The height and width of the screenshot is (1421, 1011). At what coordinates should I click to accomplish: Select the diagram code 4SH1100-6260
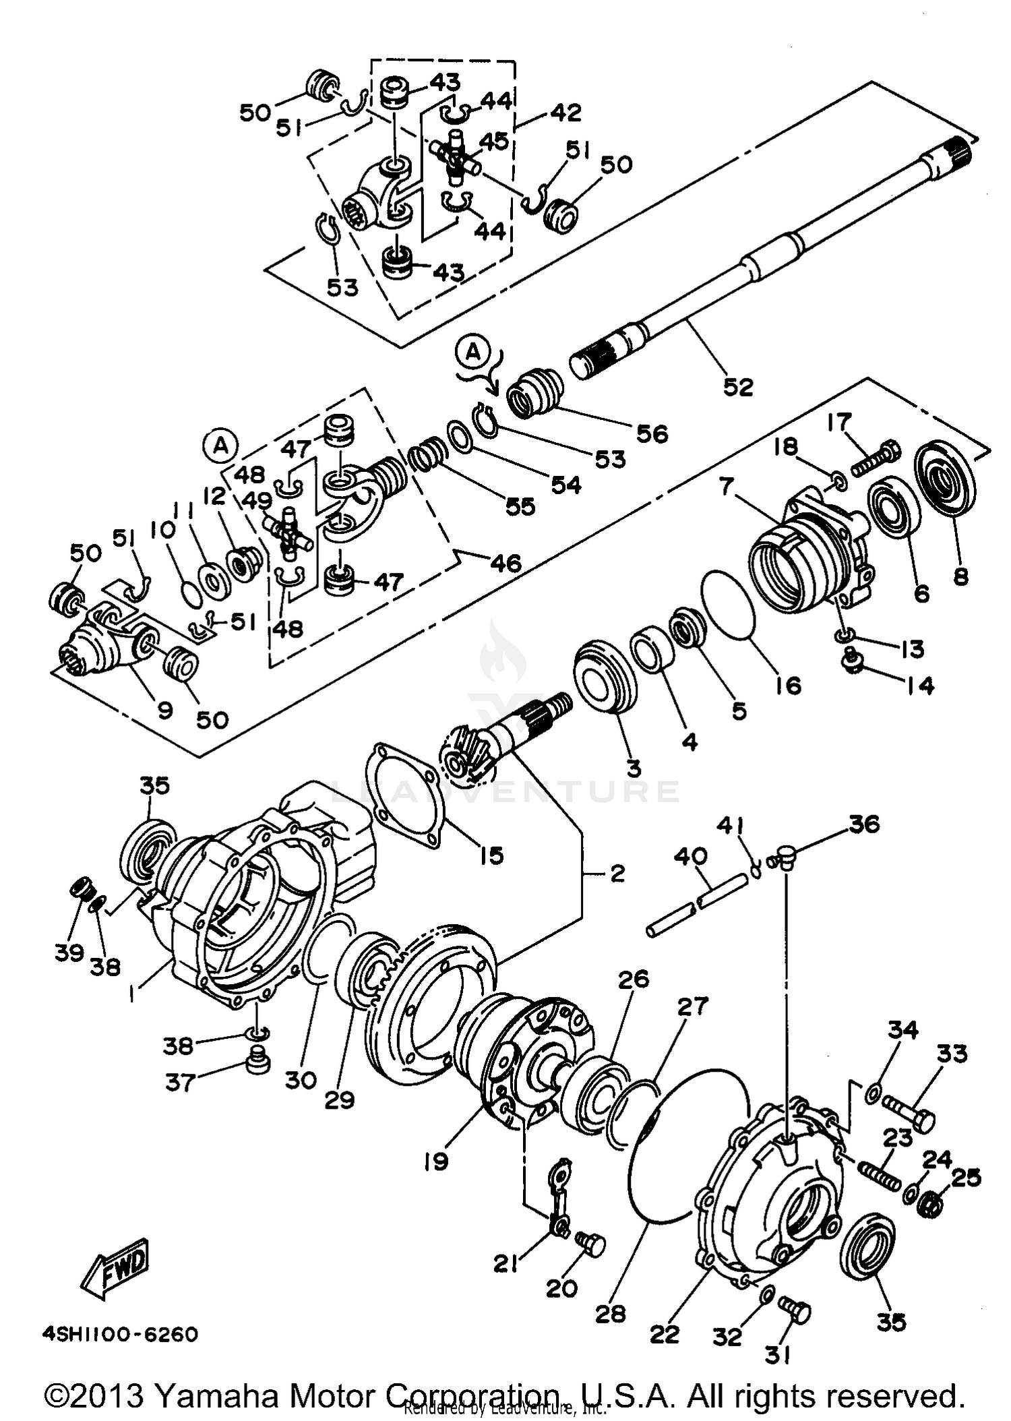[x=121, y=1334]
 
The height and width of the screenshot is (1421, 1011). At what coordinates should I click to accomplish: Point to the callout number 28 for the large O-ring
[x=610, y=1313]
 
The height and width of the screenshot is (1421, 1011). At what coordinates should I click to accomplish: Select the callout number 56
[x=652, y=433]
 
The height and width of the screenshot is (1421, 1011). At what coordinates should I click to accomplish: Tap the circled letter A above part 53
[x=474, y=351]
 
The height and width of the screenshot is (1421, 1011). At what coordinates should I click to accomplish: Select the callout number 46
[x=506, y=563]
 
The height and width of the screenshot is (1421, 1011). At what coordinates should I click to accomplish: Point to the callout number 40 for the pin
[x=691, y=857]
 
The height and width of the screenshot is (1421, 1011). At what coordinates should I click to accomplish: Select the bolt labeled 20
[x=590, y=1242]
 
